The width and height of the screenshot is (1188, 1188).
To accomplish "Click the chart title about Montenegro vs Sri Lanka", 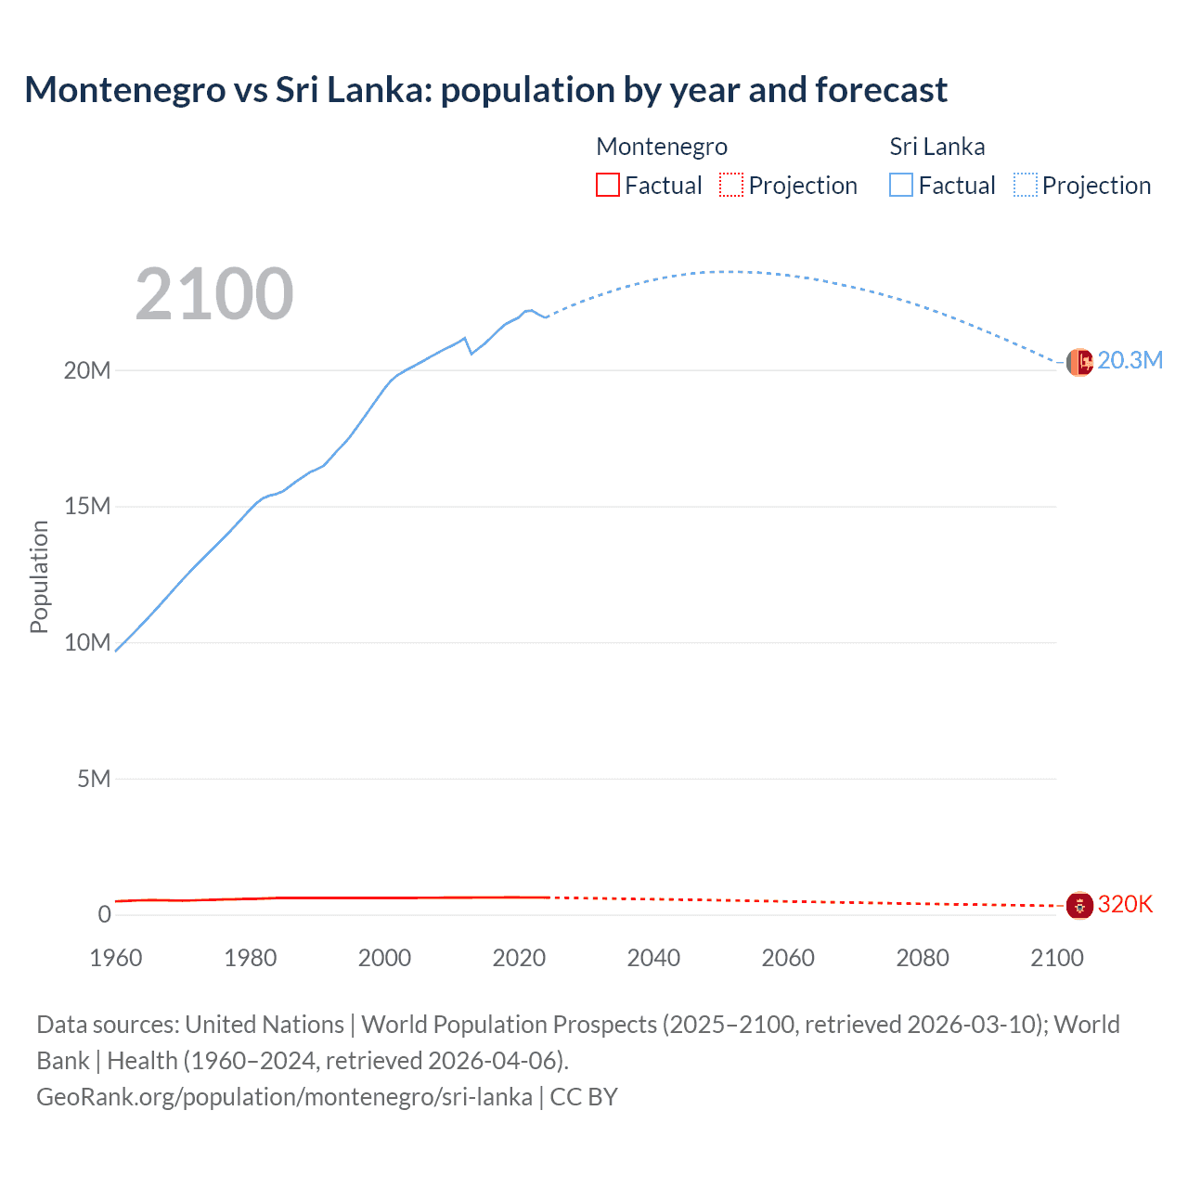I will click(x=485, y=90).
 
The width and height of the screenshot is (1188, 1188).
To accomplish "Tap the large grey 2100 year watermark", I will click(x=214, y=294).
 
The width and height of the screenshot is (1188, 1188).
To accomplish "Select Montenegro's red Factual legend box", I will click(x=608, y=185).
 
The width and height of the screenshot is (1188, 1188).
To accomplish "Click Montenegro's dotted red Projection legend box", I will click(x=731, y=185).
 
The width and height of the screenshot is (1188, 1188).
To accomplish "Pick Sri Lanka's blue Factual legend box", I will click(x=901, y=185).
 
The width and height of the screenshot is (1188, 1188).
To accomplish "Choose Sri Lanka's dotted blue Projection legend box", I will click(x=1026, y=185).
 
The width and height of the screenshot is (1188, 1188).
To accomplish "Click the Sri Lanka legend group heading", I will click(x=936, y=147).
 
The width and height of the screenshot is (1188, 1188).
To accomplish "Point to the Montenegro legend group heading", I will click(x=661, y=147).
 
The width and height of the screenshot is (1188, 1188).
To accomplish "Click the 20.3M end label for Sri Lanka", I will click(x=1130, y=360).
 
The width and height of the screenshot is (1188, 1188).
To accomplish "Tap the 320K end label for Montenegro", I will click(x=1125, y=904).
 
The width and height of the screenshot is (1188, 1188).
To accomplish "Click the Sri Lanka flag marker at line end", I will click(x=1079, y=362).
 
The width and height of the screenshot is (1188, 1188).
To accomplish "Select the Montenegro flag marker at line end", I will click(x=1079, y=905).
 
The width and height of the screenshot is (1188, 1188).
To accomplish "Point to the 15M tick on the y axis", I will click(x=87, y=506).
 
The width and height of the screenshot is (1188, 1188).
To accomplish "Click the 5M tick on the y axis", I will click(x=94, y=778).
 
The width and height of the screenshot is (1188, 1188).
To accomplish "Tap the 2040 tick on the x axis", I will click(x=653, y=958).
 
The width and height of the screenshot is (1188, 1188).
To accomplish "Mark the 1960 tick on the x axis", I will click(x=116, y=958).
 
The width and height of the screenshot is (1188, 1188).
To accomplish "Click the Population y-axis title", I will click(x=39, y=576).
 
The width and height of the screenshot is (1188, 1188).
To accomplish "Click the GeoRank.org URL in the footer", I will click(x=284, y=1096).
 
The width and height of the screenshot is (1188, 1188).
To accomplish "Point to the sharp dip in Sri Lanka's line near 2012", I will click(x=471, y=353).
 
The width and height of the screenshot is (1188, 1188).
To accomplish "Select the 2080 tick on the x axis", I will click(x=923, y=958).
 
